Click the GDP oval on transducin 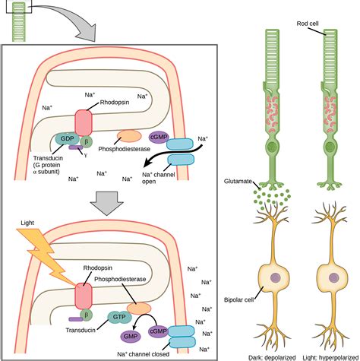pyautogui.click(x=67, y=139)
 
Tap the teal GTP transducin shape pyautogui.click(x=119, y=317)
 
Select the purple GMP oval pyautogui.click(x=131, y=336)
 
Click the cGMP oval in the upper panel pyautogui.click(x=159, y=138)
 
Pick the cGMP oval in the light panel pyautogui.click(x=158, y=331)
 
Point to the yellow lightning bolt pyautogui.click(x=47, y=256)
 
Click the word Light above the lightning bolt pyautogui.click(x=27, y=223)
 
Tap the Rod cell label pyautogui.click(x=308, y=24)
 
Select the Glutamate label pyautogui.click(x=238, y=182)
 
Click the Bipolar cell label pyautogui.click(x=238, y=300)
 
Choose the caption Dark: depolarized pyautogui.click(x=272, y=358)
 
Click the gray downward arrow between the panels pyautogui.click(x=106, y=204)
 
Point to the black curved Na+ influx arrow pyautogui.click(x=175, y=154)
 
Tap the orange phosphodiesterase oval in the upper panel pyautogui.click(x=129, y=136)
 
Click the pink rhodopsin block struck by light pyautogui.click(x=84, y=296)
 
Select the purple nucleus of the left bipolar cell pyautogui.click(x=275, y=278)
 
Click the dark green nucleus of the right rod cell pyautogui.click(x=330, y=147)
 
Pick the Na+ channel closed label pyautogui.click(x=143, y=354)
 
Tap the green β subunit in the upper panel pyautogui.click(x=87, y=141)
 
